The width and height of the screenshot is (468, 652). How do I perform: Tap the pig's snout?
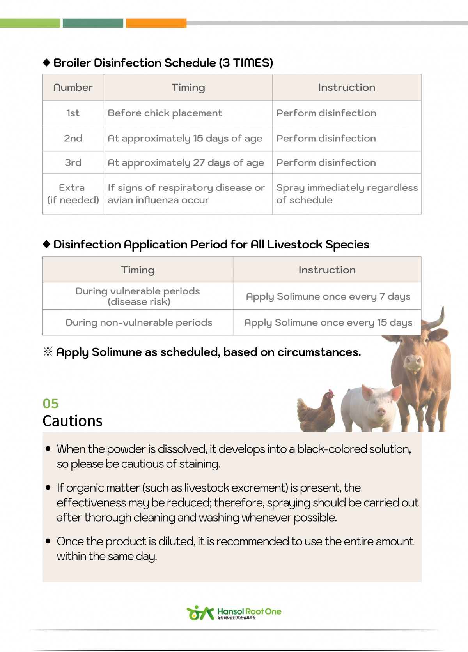tap(381, 411)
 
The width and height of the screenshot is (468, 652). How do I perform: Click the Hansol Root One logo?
tap(234, 613)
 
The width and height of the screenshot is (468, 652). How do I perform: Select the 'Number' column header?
tap(73, 87)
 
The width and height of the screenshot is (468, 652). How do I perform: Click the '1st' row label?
tap(73, 113)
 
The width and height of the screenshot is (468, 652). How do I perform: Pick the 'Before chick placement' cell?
tap(165, 113)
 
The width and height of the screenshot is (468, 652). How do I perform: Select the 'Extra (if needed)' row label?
tap(73, 194)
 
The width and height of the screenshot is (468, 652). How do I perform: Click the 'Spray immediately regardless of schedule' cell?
tap(346, 194)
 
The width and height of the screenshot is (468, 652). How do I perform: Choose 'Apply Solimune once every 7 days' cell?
tap(328, 296)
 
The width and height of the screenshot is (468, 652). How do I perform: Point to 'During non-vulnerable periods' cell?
tap(139, 322)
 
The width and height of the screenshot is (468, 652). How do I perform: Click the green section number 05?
tap(51, 404)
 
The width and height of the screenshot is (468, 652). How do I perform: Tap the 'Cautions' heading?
tap(73, 421)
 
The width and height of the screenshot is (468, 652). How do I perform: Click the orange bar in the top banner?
tap(156, 23)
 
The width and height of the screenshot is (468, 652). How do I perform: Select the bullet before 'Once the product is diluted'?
tap(48, 541)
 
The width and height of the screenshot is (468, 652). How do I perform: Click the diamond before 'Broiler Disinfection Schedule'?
tap(47, 62)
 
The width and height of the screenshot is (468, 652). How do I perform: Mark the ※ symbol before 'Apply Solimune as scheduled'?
tap(48, 352)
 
